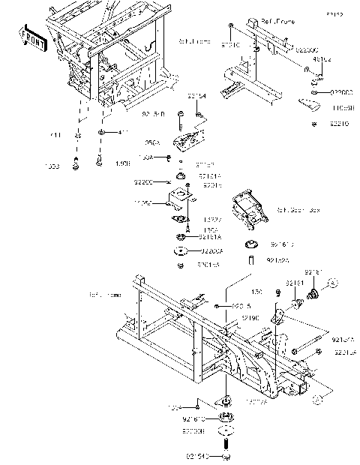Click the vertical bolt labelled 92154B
pos(181,118)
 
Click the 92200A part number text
pos(209,253)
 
